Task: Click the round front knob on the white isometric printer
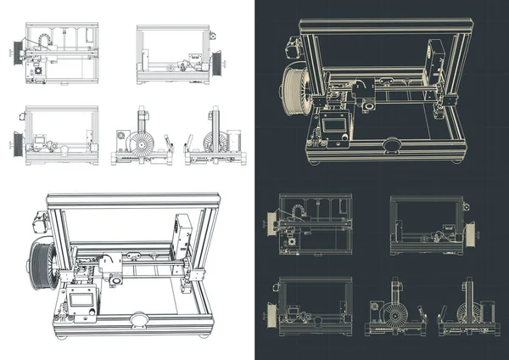(137, 321)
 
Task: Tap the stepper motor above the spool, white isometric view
(39, 222)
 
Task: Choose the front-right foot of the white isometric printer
(203, 333)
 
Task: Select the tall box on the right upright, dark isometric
(435, 59)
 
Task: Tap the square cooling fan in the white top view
(36, 73)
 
